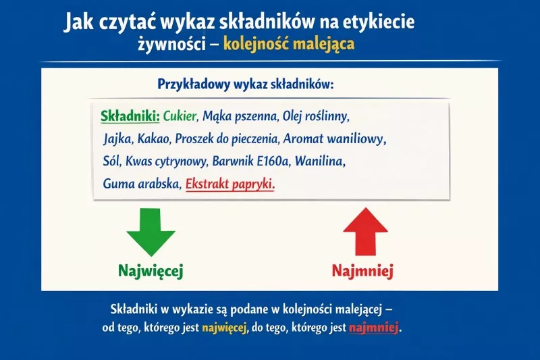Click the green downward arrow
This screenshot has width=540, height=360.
(x=151, y=231)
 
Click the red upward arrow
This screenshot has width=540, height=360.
(x=365, y=231)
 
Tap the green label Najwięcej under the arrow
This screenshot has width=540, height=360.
(x=151, y=271)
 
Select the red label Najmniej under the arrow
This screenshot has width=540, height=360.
(x=362, y=271)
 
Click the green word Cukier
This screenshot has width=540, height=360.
(x=180, y=116)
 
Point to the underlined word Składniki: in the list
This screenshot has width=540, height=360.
(x=130, y=116)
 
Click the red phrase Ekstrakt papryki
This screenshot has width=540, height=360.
(x=230, y=184)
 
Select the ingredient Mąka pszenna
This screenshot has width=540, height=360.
(x=240, y=116)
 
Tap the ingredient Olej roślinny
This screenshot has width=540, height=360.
(x=315, y=116)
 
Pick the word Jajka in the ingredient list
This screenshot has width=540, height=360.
(x=118, y=139)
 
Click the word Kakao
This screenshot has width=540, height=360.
(x=155, y=139)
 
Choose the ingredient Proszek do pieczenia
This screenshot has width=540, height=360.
(x=227, y=139)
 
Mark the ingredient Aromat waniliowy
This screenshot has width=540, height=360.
(x=334, y=139)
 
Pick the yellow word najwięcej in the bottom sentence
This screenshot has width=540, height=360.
(x=223, y=329)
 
